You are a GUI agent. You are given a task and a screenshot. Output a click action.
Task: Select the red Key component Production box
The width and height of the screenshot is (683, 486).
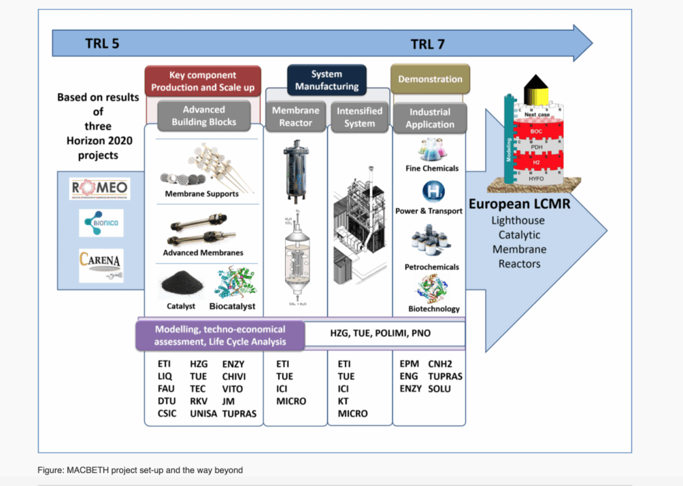click(203, 81)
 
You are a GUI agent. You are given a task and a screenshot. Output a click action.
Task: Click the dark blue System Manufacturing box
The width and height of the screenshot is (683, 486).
click(327, 80)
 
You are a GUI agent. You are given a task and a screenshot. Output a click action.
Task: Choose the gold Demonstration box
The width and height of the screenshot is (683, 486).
click(430, 80)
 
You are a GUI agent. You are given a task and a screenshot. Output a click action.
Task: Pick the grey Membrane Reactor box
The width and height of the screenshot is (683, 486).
click(296, 116)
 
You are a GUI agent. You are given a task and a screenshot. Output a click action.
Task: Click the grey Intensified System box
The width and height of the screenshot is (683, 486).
click(359, 117)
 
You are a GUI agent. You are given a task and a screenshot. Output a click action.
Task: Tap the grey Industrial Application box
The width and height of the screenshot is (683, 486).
click(430, 118)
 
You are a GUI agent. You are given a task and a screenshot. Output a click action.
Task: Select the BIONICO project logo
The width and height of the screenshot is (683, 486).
click(101, 223)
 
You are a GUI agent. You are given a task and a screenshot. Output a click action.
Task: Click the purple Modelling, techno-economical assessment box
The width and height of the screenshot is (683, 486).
click(210, 335)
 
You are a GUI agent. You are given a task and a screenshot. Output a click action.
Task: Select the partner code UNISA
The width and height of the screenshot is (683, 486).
click(203, 413)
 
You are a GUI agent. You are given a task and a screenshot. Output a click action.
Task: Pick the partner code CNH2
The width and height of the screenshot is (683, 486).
click(441, 364)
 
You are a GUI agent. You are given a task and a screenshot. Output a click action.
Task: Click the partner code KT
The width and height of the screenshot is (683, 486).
click(344, 401)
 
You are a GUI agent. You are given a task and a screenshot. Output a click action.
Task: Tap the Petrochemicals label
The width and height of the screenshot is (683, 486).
click(432, 267)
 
